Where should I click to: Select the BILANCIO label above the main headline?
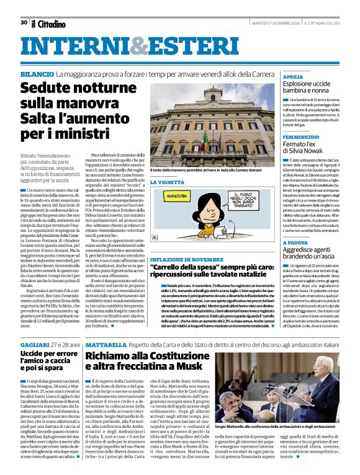pyautogui.click(x=36, y=74)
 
